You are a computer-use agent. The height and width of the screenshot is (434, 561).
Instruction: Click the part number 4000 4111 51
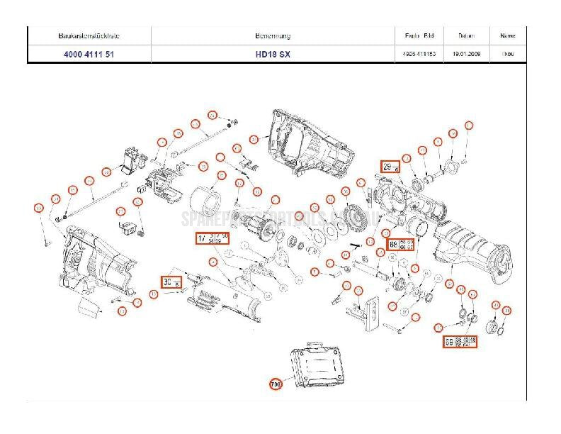[89, 55]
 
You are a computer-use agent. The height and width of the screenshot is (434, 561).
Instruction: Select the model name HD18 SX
[272, 55]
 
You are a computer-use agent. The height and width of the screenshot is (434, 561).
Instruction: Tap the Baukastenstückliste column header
[89, 35]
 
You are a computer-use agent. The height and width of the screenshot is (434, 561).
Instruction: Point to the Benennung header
[272, 35]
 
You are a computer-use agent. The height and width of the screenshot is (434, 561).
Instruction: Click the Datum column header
[466, 35]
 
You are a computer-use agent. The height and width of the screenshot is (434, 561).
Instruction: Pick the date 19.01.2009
[467, 55]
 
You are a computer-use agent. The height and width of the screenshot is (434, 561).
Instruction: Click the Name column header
[507, 35]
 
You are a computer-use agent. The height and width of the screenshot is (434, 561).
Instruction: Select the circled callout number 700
[276, 385]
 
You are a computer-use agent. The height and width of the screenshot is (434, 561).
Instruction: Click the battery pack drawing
[315, 369]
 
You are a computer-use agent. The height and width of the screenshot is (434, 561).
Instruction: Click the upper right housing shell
[308, 145]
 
